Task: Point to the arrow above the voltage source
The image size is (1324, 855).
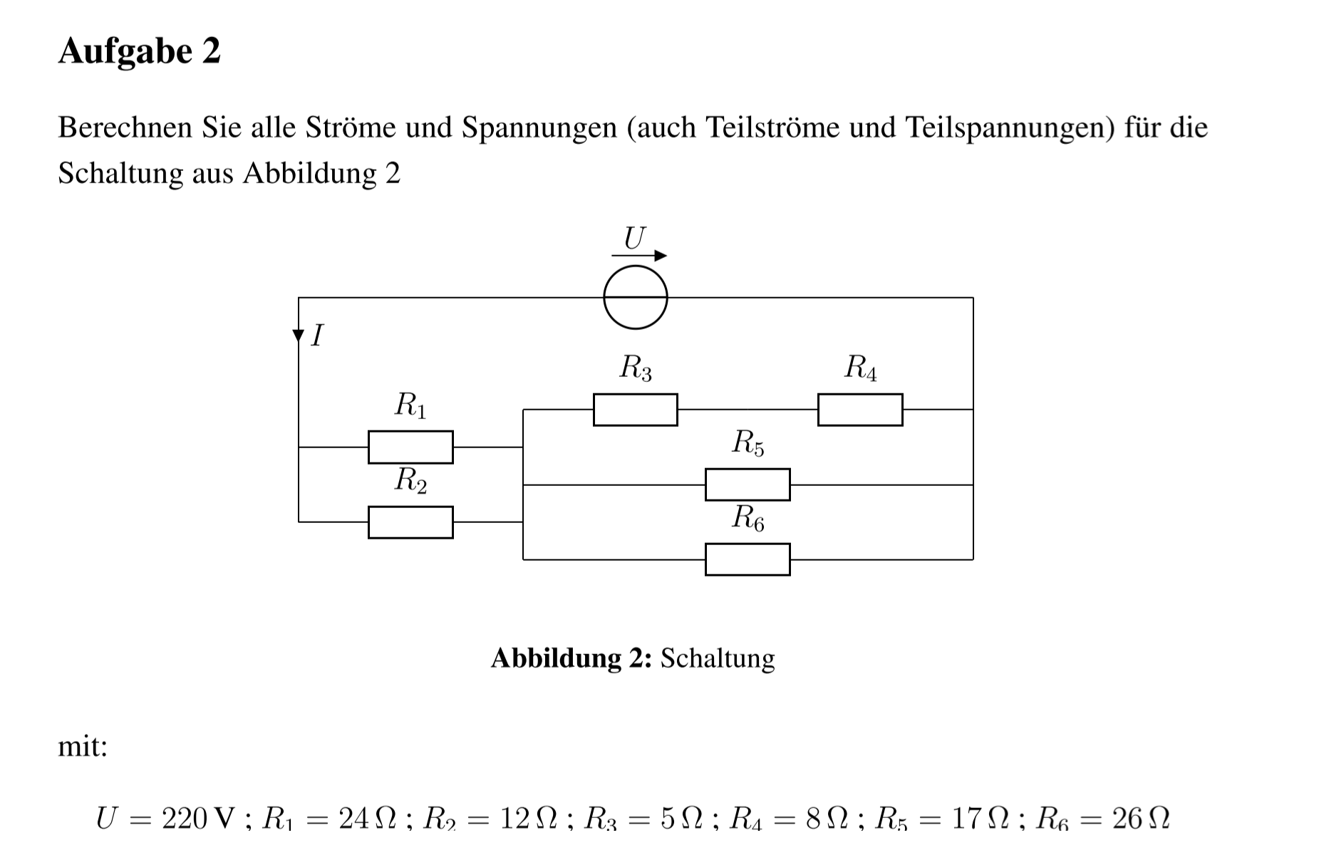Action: coord(639,255)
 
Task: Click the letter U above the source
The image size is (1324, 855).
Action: coord(634,237)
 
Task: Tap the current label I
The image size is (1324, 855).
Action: coord(318,335)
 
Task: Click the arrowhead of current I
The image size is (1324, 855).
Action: coord(299,336)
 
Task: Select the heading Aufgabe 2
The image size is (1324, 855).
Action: coord(140,51)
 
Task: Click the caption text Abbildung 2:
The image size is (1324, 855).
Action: coord(572,658)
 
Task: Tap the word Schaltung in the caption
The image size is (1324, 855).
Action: coord(718,658)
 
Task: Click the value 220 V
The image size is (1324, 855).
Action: coord(197,819)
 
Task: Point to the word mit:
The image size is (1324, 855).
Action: coord(83,747)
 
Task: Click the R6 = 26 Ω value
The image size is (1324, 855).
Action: coord(1103,819)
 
